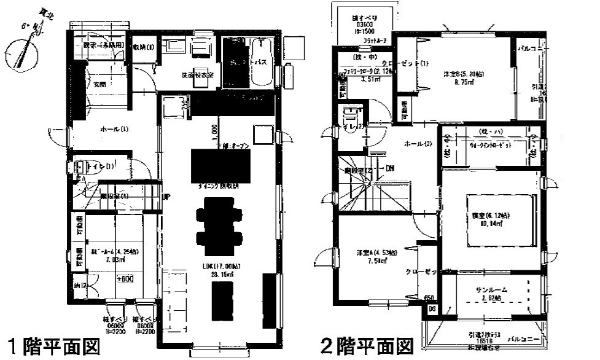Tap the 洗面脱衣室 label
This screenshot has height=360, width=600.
(x=198, y=75)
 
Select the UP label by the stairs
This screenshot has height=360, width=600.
(x=166, y=197)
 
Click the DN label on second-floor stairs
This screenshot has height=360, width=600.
(x=389, y=168)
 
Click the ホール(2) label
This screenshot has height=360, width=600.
(x=418, y=144)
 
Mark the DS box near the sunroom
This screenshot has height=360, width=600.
(x=432, y=308)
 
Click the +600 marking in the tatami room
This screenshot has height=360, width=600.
(x=125, y=278)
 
